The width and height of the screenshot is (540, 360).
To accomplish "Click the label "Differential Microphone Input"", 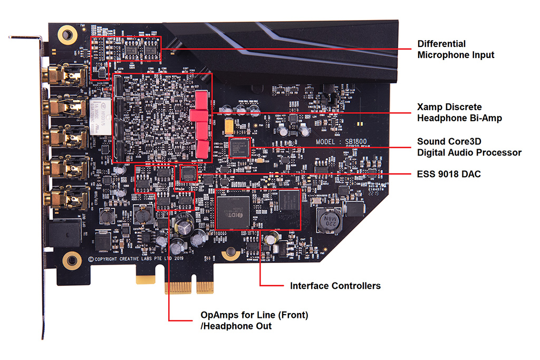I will pyautogui.click(x=456, y=49).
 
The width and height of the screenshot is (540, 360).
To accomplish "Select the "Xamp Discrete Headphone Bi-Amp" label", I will pyautogui.click(x=459, y=112).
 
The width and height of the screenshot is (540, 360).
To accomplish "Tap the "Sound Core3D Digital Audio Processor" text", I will pyautogui.click(x=469, y=147).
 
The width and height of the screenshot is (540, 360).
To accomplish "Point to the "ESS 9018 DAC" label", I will pyautogui.click(x=449, y=174).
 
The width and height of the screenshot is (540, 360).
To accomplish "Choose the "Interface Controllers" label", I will pyautogui.click(x=335, y=286).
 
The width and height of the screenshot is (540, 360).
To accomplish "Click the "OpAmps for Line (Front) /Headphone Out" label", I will pyautogui.click(x=254, y=320).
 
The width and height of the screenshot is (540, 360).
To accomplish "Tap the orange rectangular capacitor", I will pyautogui.click(x=229, y=125).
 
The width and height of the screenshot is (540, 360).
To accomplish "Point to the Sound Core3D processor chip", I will pyautogui.click(x=239, y=148).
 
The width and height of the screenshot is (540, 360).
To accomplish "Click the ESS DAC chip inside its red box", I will pyautogui.click(x=188, y=173).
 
